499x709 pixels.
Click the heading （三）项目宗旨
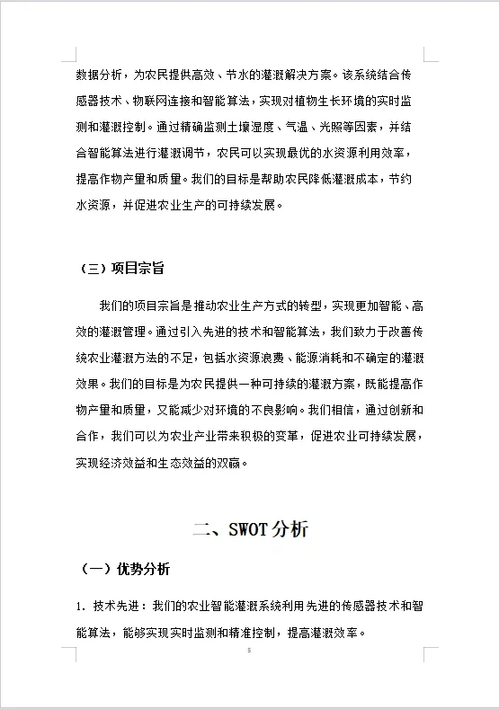[121, 269]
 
